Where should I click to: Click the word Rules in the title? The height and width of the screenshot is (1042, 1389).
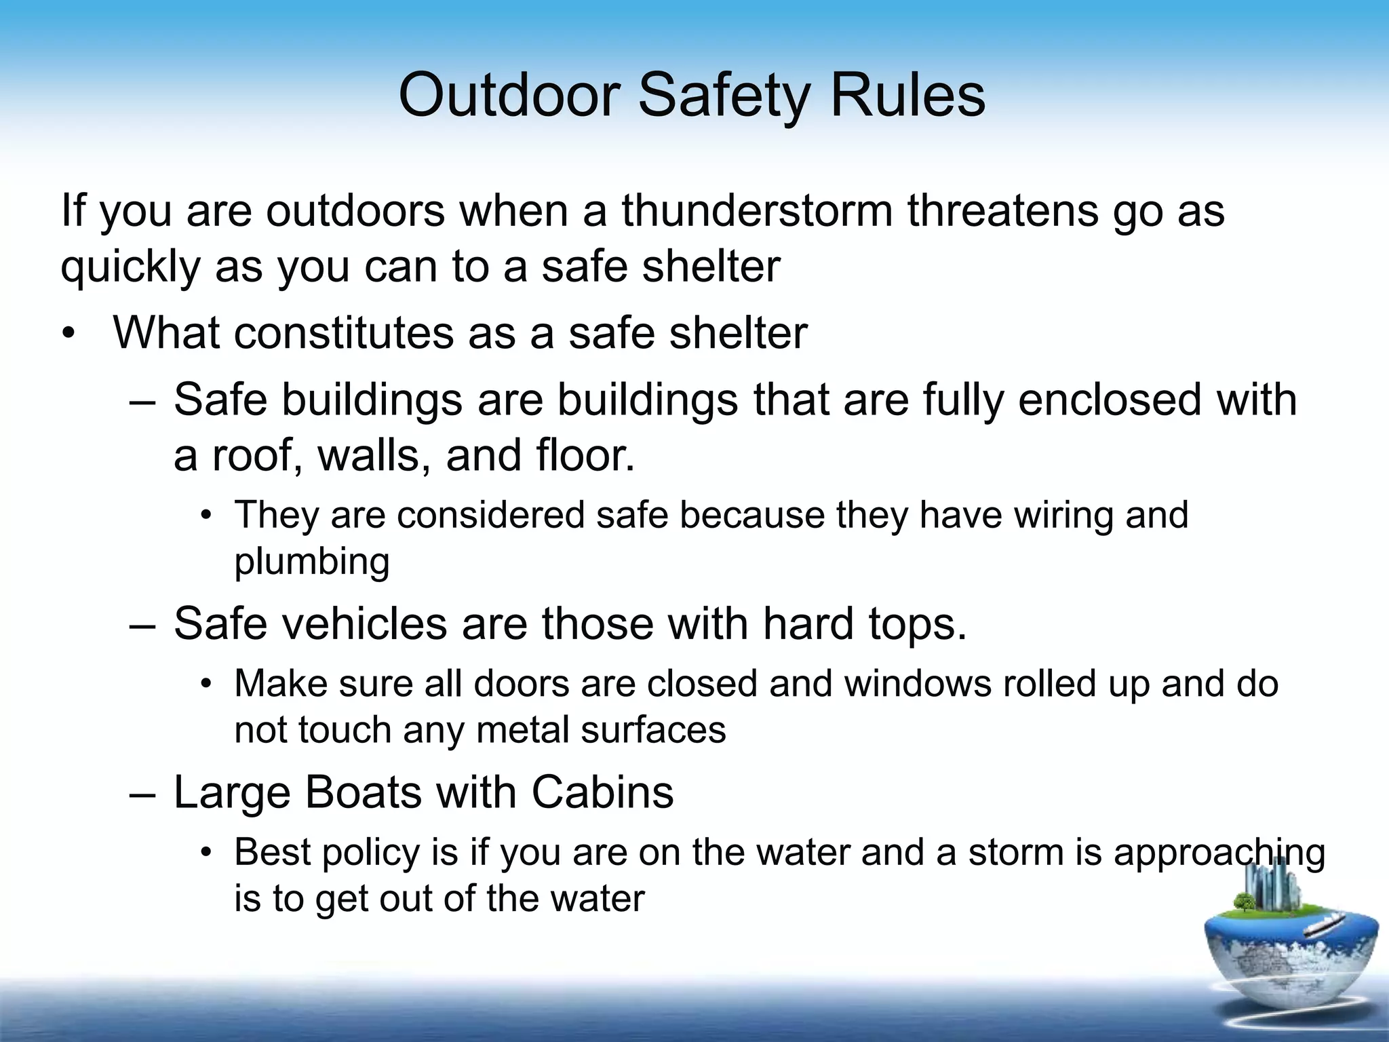[907, 95]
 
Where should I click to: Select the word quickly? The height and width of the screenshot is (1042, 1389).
[130, 267]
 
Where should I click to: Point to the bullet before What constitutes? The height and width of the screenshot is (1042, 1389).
[69, 334]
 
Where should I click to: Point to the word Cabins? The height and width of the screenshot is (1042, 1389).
[602, 792]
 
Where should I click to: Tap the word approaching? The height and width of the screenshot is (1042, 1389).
[1219, 853]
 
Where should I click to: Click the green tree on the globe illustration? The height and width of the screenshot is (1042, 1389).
[1243, 902]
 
